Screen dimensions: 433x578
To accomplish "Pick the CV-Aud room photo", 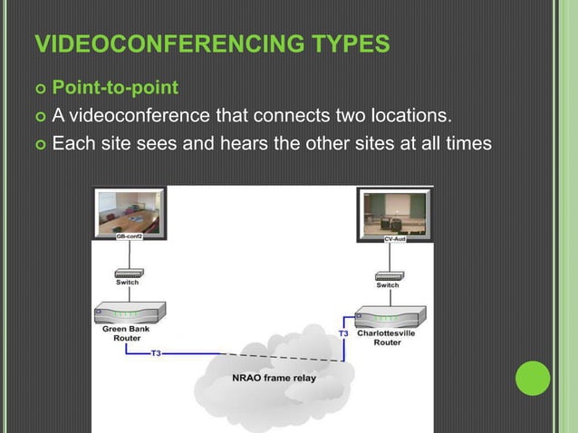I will pos(394,212).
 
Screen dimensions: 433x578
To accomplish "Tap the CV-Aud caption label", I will pos(394,238).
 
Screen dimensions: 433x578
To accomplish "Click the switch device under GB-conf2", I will pos(128,273).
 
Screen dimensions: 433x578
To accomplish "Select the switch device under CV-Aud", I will pos(388,273).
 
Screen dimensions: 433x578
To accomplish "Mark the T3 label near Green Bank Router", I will pos(156,353).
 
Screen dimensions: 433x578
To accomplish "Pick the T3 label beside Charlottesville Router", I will pos(343,333).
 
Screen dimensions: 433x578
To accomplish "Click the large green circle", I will pos(534,378).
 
